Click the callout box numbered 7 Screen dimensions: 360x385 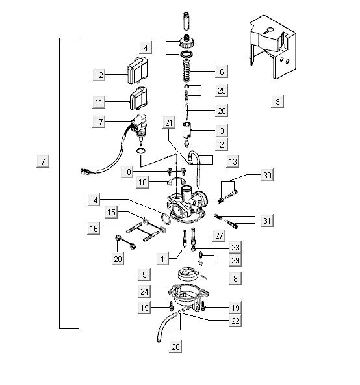pyautogui.click(x=43, y=161)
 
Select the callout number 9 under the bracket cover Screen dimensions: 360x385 pyautogui.click(x=277, y=101)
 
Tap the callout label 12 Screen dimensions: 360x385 pyautogui.click(x=99, y=75)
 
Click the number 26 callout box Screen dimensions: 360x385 pyautogui.click(x=175, y=347)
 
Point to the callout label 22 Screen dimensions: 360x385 pyautogui.click(x=235, y=321)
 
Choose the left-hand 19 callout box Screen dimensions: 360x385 pyautogui.click(x=144, y=308)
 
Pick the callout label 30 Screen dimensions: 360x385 pyautogui.click(x=267, y=175)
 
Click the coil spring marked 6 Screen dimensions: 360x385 pyautogui.click(x=187, y=70)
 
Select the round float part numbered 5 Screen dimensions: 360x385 pyautogui.click(x=188, y=274)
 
